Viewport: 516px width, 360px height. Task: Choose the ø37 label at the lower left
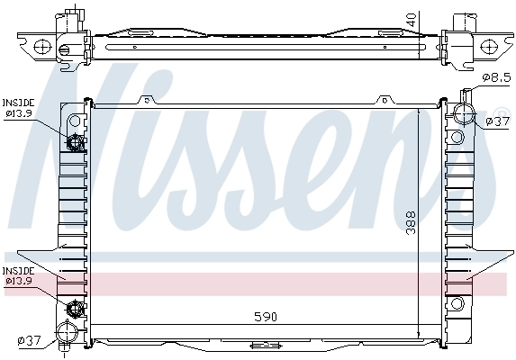point(29,340)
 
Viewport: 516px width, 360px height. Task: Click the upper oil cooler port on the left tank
point(76,141)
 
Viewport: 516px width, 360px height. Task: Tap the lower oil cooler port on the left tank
point(76,309)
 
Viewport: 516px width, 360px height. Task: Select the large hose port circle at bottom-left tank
point(68,331)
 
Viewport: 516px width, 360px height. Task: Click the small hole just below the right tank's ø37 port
point(457,138)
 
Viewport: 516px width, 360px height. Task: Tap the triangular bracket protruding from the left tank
point(36,257)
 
